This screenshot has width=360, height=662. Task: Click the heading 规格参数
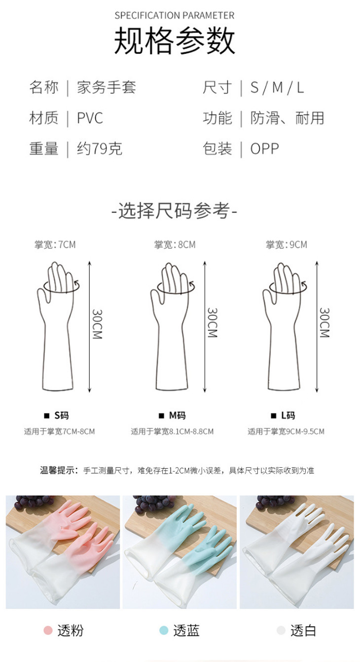(x=175, y=40)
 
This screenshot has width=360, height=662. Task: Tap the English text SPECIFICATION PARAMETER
(x=175, y=15)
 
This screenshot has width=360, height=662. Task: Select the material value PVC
(x=90, y=118)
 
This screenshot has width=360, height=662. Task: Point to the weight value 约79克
(x=100, y=148)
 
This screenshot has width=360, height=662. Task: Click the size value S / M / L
(x=277, y=87)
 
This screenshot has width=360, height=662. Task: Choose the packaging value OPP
(x=265, y=149)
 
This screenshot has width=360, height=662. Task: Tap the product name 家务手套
(x=107, y=87)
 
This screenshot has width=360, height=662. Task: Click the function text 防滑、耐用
(x=288, y=118)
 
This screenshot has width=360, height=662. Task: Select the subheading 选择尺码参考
(x=175, y=210)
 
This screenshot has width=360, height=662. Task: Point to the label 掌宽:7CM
(x=55, y=244)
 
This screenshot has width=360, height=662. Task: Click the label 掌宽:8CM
(x=175, y=244)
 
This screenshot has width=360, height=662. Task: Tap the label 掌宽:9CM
(x=287, y=244)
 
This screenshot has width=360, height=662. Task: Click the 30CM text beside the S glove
(x=97, y=324)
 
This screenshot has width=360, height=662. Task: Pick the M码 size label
(x=178, y=416)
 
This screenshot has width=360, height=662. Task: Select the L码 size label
(x=288, y=416)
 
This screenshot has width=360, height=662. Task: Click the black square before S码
(x=47, y=416)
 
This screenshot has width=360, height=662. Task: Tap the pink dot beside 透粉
(x=48, y=630)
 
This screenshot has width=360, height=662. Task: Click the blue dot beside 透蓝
(x=164, y=630)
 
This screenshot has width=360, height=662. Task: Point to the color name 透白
(x=303, y=630)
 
